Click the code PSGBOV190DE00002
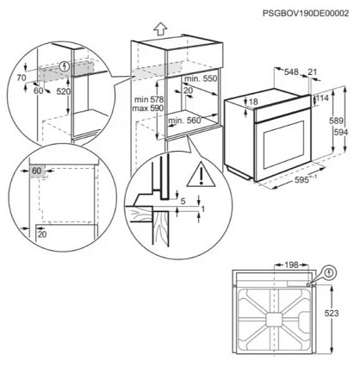[306, 13]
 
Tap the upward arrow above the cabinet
[160, 29]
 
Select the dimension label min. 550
[201, 78]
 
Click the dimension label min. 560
[184, 121]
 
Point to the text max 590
[148, 109]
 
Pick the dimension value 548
[291, 72]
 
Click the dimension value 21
[312, 72]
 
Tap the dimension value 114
[322, 98]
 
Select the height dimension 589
[336, 121]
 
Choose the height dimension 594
[341, 133]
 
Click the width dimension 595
[302, 180]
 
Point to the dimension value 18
[253, 102]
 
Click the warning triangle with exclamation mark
[202, 174]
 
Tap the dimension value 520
[64, 91]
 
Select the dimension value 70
[22, 78]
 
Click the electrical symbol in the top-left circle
[65, 67]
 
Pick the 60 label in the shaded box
[37, 171]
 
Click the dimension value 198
[291, 265]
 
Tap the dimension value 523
[332, 314]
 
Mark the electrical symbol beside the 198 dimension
[329, 272]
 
